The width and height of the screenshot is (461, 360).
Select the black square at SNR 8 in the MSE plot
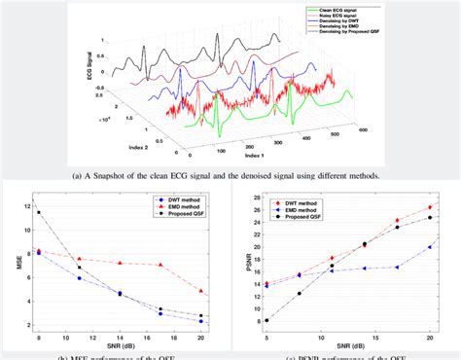[39, 212]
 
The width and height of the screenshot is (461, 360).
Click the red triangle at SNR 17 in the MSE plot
[160, 265]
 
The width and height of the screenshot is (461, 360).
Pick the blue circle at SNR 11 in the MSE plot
[80, 278]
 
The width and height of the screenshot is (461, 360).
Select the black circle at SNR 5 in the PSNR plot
[266, 320]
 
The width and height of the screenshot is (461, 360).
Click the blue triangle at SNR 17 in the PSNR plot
[397, 267]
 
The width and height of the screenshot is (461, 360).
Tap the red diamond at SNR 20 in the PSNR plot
[430, 207]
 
